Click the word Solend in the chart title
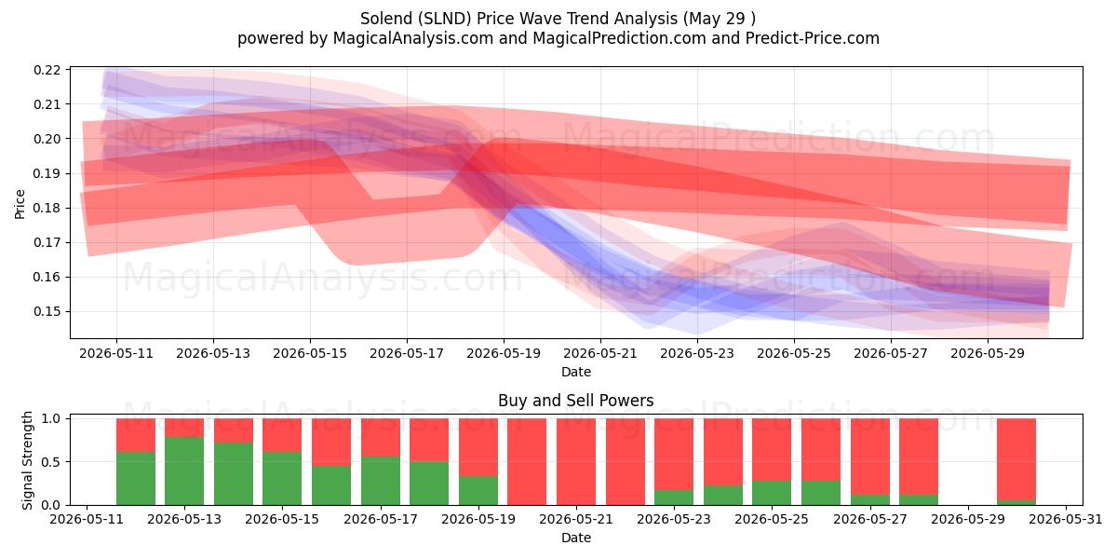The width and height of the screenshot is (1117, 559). [x=386, y=19]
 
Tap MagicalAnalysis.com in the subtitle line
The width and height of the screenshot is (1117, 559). [x=413, y=38]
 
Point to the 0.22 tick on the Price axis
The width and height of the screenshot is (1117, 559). [x=47, y=70]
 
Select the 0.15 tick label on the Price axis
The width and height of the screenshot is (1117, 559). [x=47, y=311]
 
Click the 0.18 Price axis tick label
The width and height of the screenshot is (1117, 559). [x=47, y=208]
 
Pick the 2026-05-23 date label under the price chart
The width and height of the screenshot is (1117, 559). [x=697, y=353]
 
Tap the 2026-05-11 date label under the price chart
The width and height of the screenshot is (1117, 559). [x=116, y=353]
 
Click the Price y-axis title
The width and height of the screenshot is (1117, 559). [x=20, y=204]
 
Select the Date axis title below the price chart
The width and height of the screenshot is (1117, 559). [x=576, y=372]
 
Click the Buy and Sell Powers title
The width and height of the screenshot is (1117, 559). [x=576, y=401]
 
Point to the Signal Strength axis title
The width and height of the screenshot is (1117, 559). [x=27, y=460]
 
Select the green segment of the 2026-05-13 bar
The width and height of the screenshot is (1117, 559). [x=184, y=470]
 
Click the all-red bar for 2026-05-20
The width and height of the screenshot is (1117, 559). [x=527, y=462]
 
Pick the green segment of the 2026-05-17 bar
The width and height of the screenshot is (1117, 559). [x=381, y=481]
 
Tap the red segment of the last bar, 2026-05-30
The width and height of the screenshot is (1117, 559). [x=1016, y=459]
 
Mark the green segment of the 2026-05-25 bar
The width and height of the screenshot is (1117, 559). [x=772, y=493]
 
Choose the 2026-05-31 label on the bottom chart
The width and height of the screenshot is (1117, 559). [x=1066, y=519]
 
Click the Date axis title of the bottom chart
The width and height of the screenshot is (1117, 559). [x=576, y=538]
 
